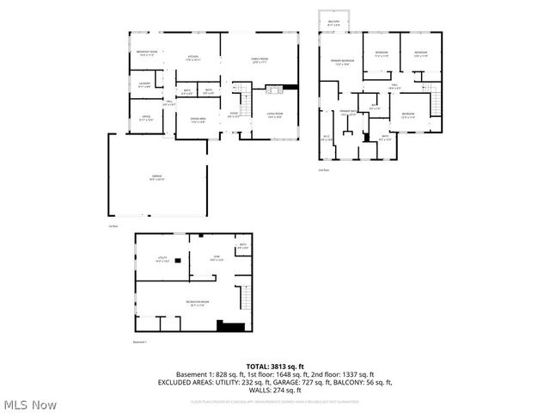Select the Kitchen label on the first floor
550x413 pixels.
(x=193, y=59)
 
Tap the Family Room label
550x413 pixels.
(x=260, y=59)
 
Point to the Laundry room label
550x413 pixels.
(x=145, y=84)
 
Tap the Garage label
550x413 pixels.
(x=156, y=177)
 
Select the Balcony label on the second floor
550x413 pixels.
(x=333, y=23)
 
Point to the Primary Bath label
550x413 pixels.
(x=347, y=113)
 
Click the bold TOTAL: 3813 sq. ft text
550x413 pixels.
(x=274, y=367)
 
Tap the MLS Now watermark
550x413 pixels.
(x=30, y=404)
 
